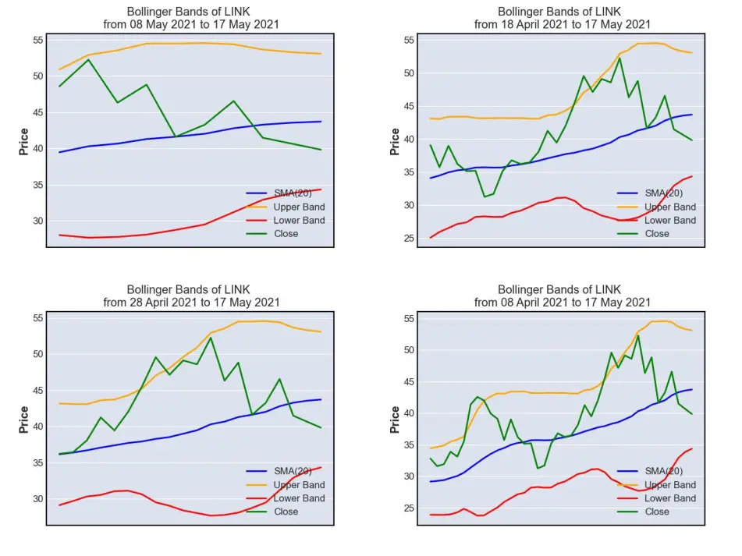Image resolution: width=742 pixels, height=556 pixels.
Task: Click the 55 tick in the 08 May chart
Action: tap(38, 41)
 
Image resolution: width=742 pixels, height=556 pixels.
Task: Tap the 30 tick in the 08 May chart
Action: tap(38, 221)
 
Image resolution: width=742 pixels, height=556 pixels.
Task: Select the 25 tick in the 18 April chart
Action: tap(409, 239)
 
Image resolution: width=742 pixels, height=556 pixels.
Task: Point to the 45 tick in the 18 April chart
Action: tap(409, 106)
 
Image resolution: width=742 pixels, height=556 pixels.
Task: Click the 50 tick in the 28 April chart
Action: tap(38, 354)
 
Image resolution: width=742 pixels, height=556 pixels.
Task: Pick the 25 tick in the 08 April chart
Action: tap(409, 508)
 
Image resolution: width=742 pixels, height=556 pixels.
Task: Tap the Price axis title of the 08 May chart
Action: tap(23, 141)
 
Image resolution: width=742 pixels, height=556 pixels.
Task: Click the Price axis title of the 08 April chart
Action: tap(395, 420)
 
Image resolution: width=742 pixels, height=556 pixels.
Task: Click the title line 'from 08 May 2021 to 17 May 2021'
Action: tap(191, 24)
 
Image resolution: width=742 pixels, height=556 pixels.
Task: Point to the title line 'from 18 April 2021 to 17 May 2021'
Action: tap(563, 24)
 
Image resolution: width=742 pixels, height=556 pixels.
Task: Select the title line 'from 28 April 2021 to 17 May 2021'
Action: tap(191, 302)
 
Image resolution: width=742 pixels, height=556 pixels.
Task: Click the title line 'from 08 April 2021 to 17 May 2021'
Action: tap(563, 302)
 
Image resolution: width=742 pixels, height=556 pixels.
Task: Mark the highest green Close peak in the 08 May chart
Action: tap(88, 59)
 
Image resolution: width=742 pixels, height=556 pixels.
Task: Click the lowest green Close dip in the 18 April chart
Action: tap(484, 197)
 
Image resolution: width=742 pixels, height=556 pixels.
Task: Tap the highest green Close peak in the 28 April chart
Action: tap(211, 337)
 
